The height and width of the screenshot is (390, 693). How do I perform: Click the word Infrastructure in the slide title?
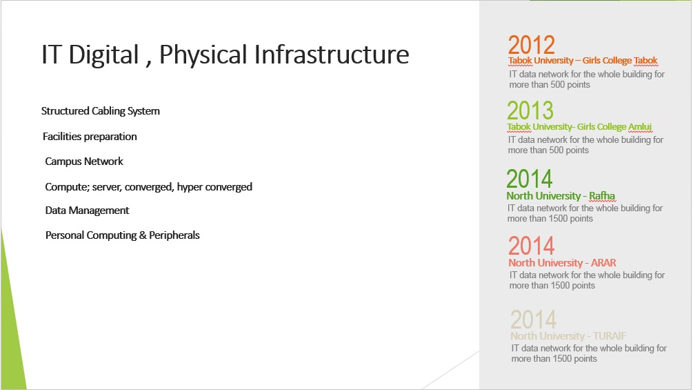click(332, 55)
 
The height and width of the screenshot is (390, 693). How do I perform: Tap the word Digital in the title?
click(103, 55)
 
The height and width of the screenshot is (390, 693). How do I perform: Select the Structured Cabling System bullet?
click(100, 111)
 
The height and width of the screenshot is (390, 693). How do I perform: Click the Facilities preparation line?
click(90, 137)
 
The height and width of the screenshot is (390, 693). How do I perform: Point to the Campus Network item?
click(84, 162)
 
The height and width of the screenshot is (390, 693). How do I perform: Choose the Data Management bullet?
click(87, 211)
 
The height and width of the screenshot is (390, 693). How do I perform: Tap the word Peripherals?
click(174, 235)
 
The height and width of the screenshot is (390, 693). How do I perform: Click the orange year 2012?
click(531, 45)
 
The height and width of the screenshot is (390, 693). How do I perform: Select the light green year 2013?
click(530, 110)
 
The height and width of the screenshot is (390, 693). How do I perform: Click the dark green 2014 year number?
click(530, 179)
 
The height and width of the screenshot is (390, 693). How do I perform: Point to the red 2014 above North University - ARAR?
click(531, 246)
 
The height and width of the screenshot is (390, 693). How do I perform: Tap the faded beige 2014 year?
click(534, 320)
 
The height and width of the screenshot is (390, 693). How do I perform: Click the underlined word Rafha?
click(602, 196)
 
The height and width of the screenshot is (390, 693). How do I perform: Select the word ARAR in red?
click(603, 263)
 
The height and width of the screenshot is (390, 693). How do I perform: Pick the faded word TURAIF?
click(610, 336)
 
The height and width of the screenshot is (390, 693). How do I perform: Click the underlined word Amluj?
click(640, 127)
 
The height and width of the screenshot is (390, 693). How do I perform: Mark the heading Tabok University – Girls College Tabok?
click(583, 61)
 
